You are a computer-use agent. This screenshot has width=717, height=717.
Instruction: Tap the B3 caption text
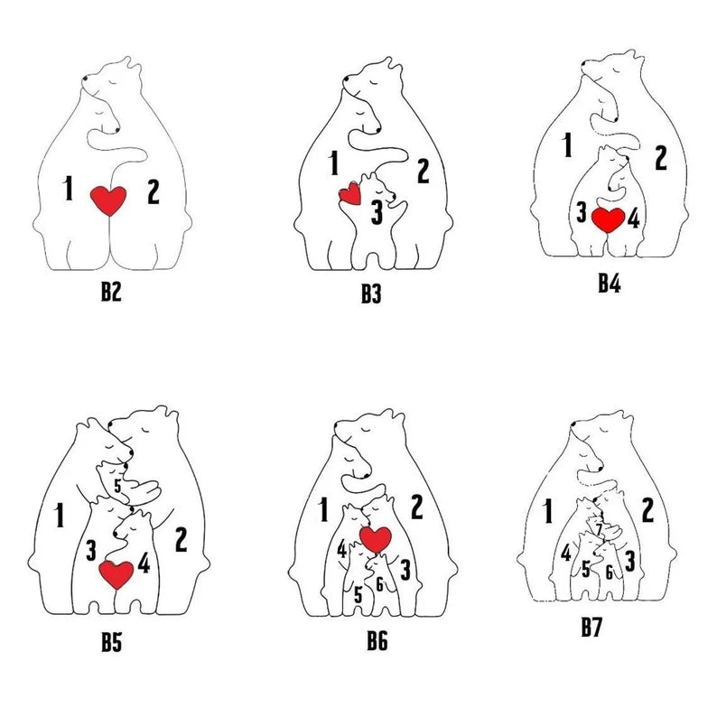pyautogui.click(x=369, y=295)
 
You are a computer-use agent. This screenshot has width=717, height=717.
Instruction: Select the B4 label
pyautogui.click(x=609, y=283)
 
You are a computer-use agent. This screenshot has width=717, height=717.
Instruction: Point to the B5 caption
pyautogui.click(x=112, y=643)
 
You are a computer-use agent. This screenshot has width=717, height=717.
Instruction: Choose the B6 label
pyautogui.click(x=377, y=642)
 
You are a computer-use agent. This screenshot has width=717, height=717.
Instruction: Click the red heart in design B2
pyautogui.click(x=110, y=200)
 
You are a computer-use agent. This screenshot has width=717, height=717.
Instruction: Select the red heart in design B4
pyautogui.click(x=608, y=219)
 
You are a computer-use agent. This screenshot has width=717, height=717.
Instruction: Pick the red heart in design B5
pyautogui.click(x=116, y=573)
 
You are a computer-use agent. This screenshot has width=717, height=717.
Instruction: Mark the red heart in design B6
pyautogui.click(x=374, y=539)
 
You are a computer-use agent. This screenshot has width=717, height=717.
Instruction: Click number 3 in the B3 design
pyautogui.click(x=376, y=215)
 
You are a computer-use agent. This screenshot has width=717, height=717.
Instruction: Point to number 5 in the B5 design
pyautogui.click(x=117, y=486)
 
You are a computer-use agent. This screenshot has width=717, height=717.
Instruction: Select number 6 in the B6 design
pyautogui.click(x=380, y=584)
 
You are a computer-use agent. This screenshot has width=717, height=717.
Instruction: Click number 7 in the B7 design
pyautogui.click(x=598, y=528)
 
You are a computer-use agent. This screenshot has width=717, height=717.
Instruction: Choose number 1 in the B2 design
pyautogui.click(x=69, y=189)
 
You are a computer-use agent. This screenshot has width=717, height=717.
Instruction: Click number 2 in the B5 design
pyautogui.click(x=181, y=540)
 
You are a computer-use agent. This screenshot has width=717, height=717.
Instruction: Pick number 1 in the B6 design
pyautogui.click(x=322, y=510)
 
